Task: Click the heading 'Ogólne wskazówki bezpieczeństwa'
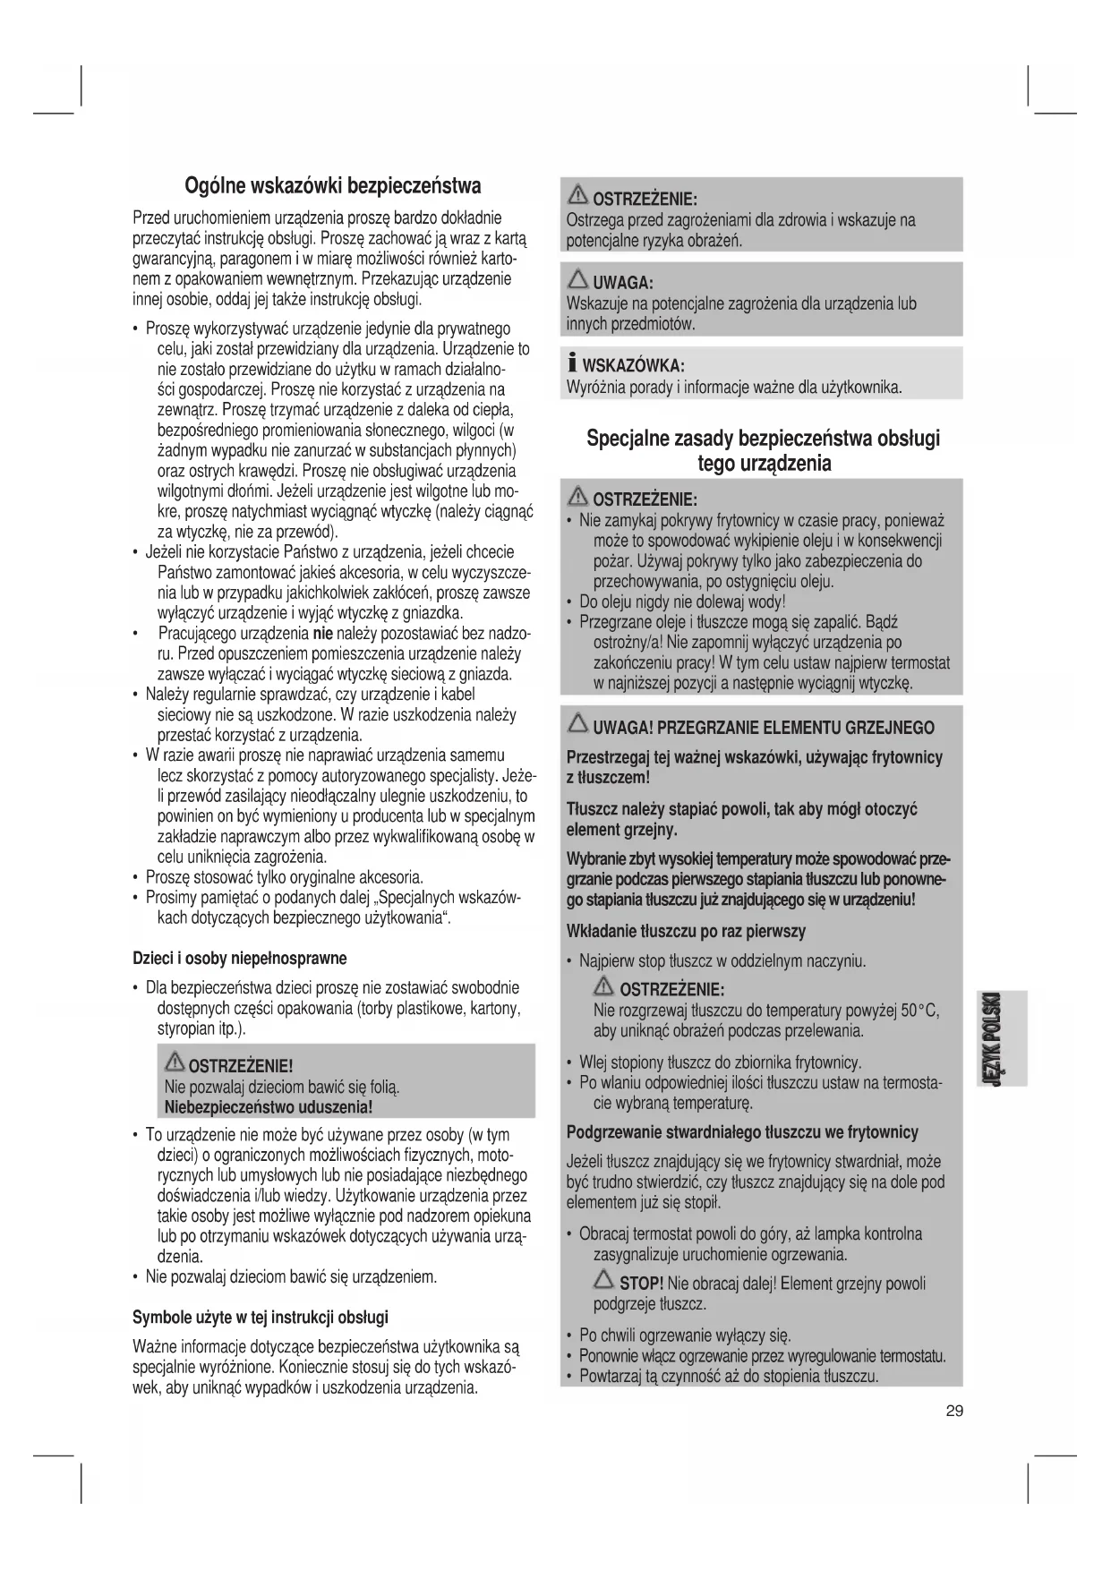point(332,185)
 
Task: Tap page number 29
point(954,1412)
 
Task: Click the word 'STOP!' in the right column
point(641,1284)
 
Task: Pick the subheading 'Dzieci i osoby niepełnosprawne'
point(239,958)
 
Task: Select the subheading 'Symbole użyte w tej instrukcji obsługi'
point(261,1317)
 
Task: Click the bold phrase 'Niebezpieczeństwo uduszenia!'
point(269,1107)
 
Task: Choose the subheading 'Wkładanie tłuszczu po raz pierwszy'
point(686,931)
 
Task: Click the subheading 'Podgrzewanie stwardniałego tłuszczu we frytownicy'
point(742,1132)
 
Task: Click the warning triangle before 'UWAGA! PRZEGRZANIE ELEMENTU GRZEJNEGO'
point(577,726)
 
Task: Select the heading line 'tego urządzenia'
point(764,464)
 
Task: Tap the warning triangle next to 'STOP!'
point(603,1282)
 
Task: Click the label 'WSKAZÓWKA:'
point(634,366)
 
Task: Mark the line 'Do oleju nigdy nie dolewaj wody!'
point(682,602)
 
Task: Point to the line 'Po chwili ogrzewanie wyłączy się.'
point(685,1335)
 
